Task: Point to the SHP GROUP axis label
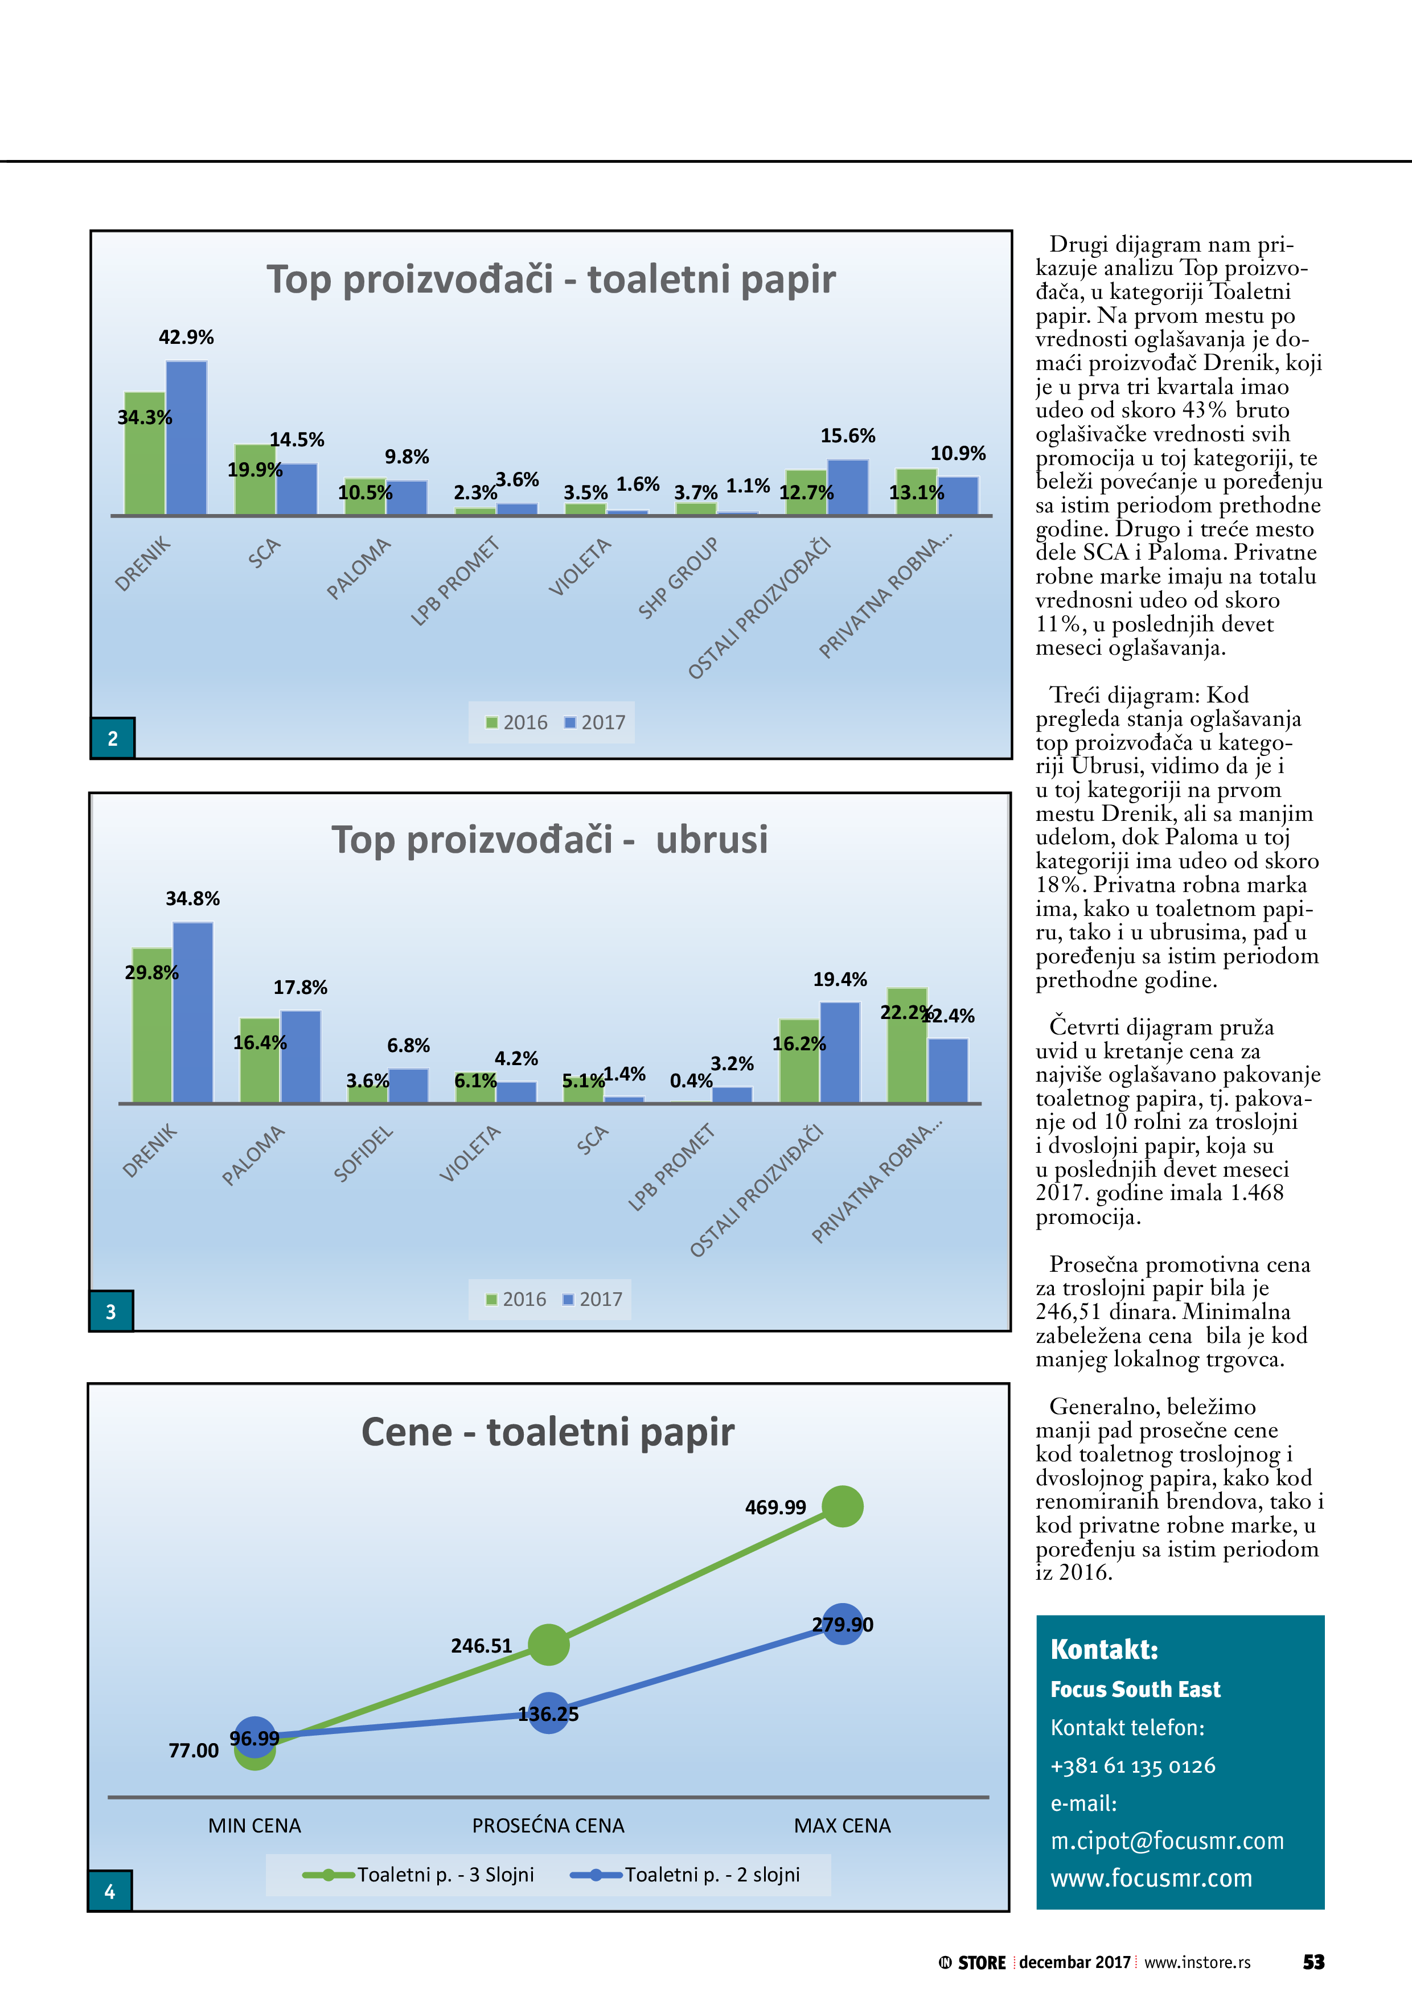[679, 578]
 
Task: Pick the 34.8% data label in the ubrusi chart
[192, 898]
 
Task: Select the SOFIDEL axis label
[364, 1153]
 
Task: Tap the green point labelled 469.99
[842, 1506]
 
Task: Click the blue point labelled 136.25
[548, 1712]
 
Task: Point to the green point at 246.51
[548, 1644]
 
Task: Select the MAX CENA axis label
[842, 1826]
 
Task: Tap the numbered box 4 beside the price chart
[110, 1891]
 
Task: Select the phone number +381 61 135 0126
[1133, 1766]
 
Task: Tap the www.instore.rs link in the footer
[1197, 1962]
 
